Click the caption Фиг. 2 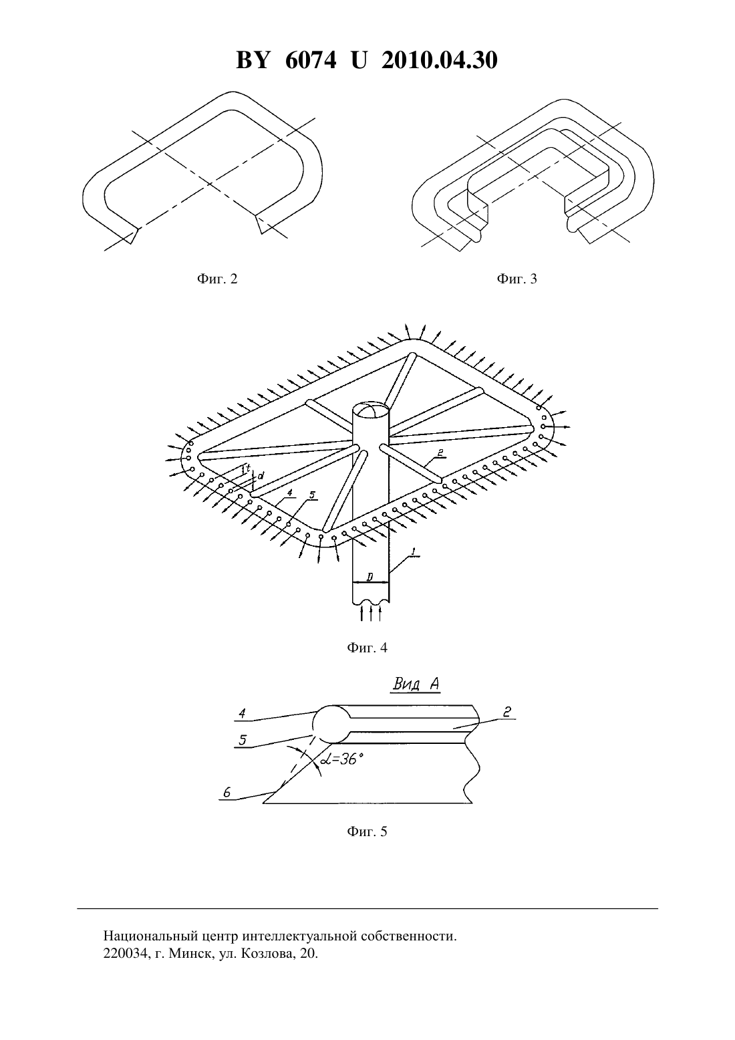217,279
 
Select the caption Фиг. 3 517,279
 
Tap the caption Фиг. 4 367,648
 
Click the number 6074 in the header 311,60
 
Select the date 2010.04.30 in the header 440,60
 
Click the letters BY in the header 253,60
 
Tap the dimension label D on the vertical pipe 370,577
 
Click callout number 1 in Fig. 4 414,551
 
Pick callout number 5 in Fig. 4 312,495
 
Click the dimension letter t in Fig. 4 249,469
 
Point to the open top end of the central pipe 370,411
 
